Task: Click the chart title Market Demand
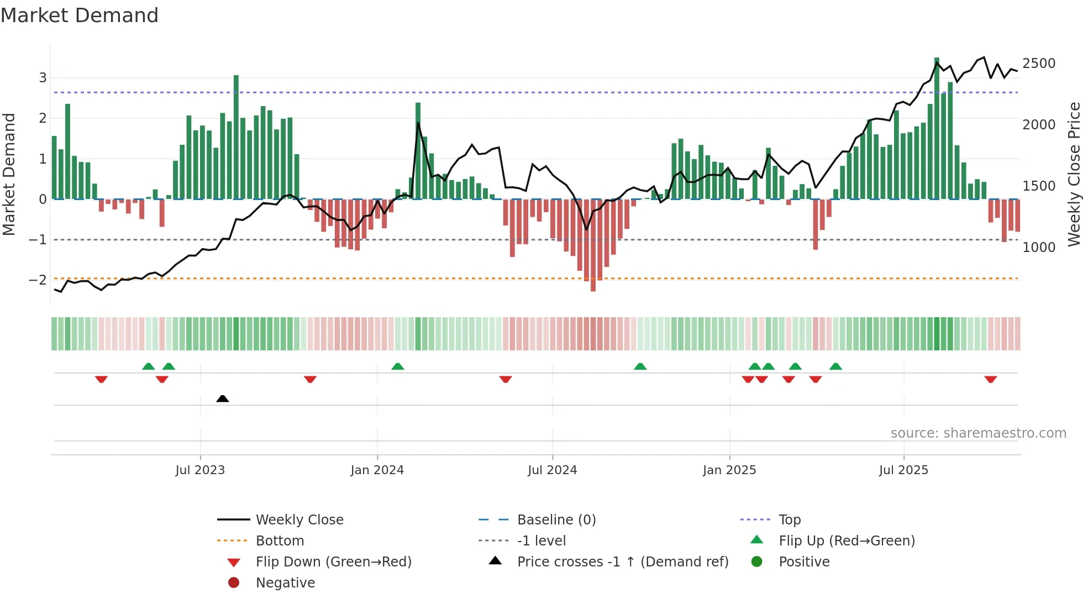[80, 15]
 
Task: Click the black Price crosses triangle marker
[223, 398]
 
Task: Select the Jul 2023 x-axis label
[200, 470]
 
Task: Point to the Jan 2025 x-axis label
[729, 470]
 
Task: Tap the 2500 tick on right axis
[1039, 64]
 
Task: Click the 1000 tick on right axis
[1039, 247]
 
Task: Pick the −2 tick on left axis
[38, 280]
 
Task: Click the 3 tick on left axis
[43, 78]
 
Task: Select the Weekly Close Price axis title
[1074, 174]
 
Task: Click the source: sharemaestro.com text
[978, 433]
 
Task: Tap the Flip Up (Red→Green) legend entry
[847, 541]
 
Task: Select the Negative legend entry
[285, 583]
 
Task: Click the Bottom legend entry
[280, 541]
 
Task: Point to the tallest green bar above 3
[937, 127]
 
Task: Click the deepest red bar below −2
[593, 246]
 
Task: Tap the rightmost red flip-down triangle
[990, 379]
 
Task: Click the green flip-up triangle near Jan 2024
[398, 366]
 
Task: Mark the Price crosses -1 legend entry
[623, 562]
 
